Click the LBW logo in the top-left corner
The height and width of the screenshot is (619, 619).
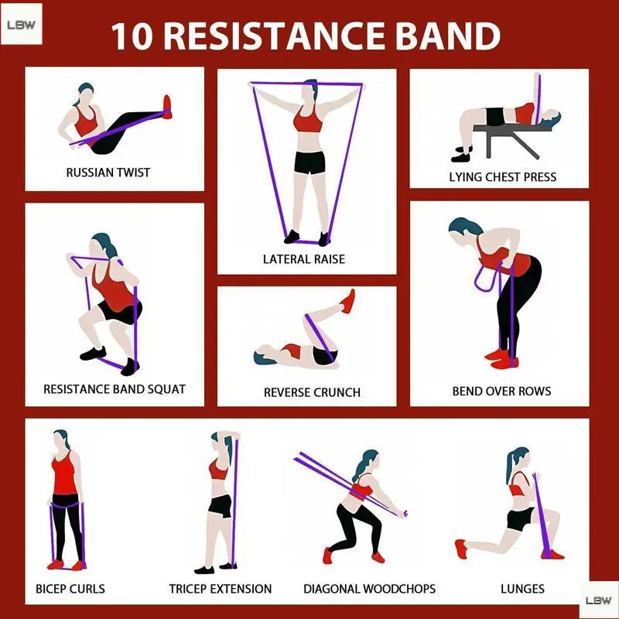click(x=22, y=25)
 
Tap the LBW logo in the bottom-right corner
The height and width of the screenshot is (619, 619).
click(x=599, y=600)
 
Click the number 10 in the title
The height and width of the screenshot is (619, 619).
click(x=132, y=36)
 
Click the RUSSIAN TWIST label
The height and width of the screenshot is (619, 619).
click(x=108, y=173)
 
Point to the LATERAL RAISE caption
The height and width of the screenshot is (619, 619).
click(x=304, y=259)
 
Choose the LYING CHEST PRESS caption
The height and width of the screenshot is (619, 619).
click(x=502, y=177)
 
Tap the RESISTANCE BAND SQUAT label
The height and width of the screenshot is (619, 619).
click(x=115, y=389)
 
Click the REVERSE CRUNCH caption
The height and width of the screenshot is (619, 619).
click(x=312, y=392)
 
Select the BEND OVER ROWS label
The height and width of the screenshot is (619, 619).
click(x=501, y=392)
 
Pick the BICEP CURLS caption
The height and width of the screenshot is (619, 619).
click(x=70, y=589)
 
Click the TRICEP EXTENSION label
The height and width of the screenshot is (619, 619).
click(x=221, y=589)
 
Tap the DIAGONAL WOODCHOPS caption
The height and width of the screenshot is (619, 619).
click(x=369, y=589)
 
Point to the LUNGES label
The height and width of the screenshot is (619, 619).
click(x=522, y=589)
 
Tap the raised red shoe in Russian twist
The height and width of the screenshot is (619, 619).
click(x=167, y=107)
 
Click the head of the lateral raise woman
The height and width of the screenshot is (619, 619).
click(x=310, y=91)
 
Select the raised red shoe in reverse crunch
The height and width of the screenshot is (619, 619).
click(x=347, y=302)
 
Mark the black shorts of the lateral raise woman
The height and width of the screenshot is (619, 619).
click(x=310, y=162)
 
